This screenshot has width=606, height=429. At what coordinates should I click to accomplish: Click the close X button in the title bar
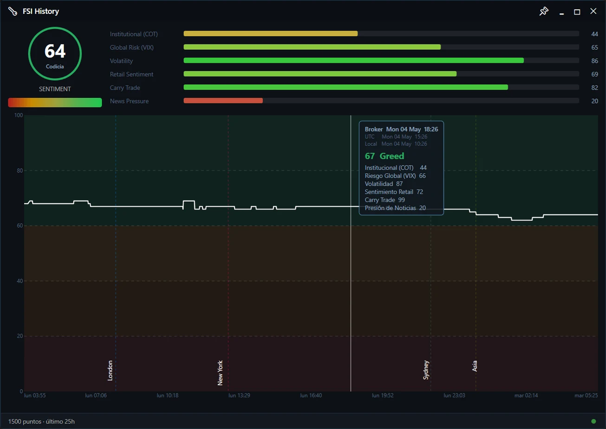pos(593,11)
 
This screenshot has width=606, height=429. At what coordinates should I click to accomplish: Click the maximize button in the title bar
pos(577,12)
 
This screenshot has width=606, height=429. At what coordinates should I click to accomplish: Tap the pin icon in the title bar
pos(544,11)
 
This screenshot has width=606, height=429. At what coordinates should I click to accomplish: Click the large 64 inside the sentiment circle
pos(55,51)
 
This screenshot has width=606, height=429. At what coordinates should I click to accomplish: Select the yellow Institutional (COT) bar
pos(271,33)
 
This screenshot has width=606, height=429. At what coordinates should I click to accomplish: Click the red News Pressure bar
pos(223,101)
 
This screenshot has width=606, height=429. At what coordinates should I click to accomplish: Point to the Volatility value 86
pos(594,61)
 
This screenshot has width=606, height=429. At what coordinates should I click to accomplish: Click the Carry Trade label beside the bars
pos(125,88)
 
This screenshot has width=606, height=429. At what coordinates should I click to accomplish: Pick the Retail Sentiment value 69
pos(594,74)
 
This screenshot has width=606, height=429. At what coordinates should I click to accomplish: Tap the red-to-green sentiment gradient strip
pos(55,103)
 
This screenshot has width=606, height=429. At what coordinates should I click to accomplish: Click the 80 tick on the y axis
pos(20,171)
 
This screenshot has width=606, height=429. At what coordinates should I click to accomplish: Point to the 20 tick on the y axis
pos(20,336)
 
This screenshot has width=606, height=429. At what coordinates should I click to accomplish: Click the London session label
pos(110,370)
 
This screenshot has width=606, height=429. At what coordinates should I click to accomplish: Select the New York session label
pos(220,373)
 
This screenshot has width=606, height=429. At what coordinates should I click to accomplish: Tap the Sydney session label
pos(426,370)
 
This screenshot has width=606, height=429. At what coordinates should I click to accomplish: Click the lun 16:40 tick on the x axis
pos(311,396)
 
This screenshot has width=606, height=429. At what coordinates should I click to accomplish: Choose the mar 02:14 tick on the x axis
pos(526,396)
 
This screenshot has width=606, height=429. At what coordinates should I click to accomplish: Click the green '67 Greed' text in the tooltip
pos(384,156)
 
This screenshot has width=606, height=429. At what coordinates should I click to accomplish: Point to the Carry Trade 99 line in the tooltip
pos(384,200)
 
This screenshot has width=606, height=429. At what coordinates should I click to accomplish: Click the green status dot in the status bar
pos(593,421)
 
